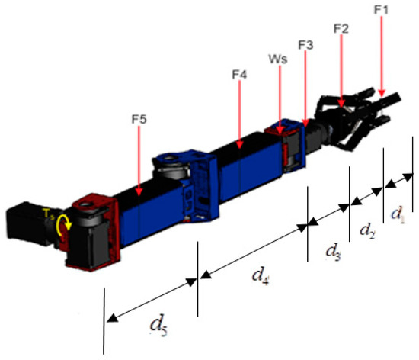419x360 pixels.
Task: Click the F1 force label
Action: (381, 10)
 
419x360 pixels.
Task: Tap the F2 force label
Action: (341, 29)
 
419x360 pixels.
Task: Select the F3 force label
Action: (305, 45)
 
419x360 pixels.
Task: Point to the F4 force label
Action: (239, 75)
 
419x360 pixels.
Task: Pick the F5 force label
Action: (139, 119)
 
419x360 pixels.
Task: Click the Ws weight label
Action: (278, 59)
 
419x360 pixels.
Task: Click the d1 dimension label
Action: (398, 214)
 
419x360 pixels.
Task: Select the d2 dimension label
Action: (367, 231)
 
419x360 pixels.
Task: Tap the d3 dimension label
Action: (333, 252)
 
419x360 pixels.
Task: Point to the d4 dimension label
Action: (261, 276)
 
